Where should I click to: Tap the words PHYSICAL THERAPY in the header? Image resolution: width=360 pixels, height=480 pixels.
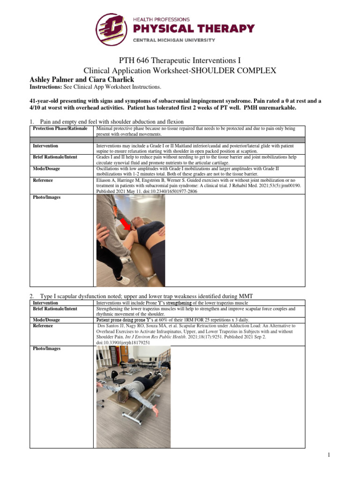pyautogui.click(x=194, y=29)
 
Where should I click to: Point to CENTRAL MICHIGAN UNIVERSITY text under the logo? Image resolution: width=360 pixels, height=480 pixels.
pyautogui.click(x=174, y=40)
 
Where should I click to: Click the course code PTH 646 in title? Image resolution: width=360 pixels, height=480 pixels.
pyautogui.click(x=130, y=60)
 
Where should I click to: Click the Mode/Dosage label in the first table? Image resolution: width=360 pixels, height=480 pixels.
pyautogui.click(x=46, y=168)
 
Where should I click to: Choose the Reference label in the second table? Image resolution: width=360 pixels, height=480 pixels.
pyautogui.click(x=43, y=325)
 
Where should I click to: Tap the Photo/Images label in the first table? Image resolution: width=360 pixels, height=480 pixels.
pyautogui.click(x=46, y=197)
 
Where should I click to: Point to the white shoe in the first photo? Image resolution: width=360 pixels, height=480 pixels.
pyautogui.click(x=124, y=280)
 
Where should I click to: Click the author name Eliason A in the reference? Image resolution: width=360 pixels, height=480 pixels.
pyautogui.click(x=108, y=180)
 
